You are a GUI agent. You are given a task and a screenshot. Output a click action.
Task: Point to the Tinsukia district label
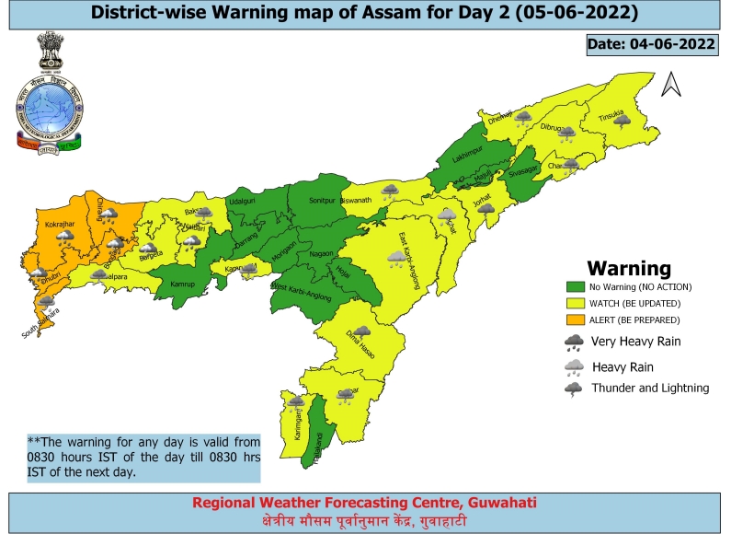tap(611, 117)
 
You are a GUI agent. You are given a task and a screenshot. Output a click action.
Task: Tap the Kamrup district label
tap(184, 284)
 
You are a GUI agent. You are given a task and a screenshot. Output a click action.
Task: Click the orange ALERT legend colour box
tap(576, 320)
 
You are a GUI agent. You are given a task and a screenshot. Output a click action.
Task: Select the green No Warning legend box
tap(576, 287)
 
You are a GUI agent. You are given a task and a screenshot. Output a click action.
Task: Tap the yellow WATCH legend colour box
tap(576, 304)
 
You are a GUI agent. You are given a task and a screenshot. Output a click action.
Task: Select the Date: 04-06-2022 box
tap(651, 44)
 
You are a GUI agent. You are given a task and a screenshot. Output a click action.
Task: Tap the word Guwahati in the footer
tap(502, 503)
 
